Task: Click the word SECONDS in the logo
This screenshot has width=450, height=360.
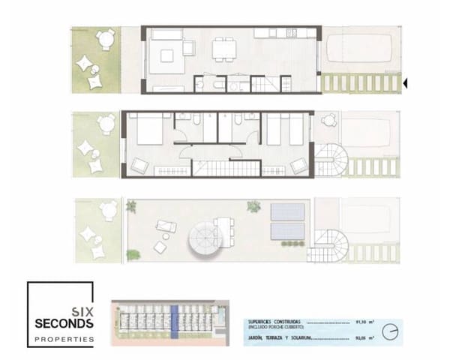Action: point(64,324)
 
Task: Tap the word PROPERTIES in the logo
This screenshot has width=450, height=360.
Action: point(64,340)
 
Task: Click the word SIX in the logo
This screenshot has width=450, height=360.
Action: point(82,310)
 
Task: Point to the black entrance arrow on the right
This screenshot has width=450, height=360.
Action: point(406,83)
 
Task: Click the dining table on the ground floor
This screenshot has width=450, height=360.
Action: point(221,49)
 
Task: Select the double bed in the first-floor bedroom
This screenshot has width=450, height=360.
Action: point(145,132)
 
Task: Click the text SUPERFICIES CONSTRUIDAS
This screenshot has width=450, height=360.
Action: point(273,322)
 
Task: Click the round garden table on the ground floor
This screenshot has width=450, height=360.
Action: point(105,38)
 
